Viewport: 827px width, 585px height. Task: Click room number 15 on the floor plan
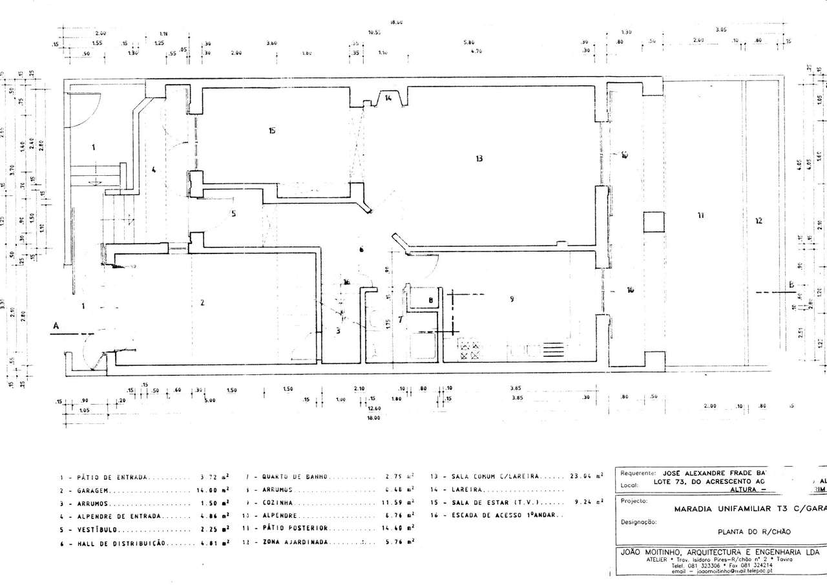click(272, 131)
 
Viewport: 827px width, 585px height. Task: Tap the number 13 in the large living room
click(479, 158)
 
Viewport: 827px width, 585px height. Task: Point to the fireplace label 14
click(388, 98)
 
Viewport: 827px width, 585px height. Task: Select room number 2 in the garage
click(202, 303)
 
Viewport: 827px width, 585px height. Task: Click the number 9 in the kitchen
click(512, 299)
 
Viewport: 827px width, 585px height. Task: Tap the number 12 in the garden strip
click(759, 220)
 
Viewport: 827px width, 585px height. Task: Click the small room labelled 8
click(430, 300)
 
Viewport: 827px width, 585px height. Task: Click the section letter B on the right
click(790, 285)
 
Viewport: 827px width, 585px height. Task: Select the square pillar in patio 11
click(653, 222)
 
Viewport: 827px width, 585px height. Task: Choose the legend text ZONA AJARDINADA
click(295, 542)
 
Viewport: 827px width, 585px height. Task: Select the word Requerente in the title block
click(638, 473)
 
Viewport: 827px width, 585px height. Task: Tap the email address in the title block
click(719, 571)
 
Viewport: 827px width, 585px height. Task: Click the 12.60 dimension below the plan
click(373, 408)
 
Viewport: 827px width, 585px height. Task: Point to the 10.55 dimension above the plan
click(374, 32)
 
